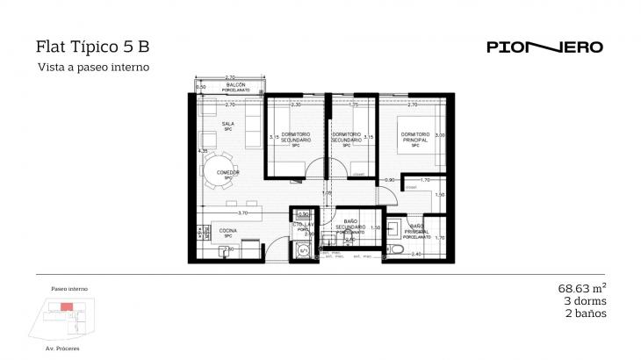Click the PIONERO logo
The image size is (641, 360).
[x=544, y=47]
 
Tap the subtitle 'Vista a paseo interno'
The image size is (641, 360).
[x=92, y=67]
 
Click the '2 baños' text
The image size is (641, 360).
[x=586, y=313]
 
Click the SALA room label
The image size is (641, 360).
[x=227, y=124]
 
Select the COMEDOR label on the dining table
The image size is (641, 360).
[x=227, y=172]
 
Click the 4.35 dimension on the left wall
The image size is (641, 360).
[x=203, y=151]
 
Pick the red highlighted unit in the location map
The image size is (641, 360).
[x=67, y=306]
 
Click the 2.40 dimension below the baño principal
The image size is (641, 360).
[x=417, y=255]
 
